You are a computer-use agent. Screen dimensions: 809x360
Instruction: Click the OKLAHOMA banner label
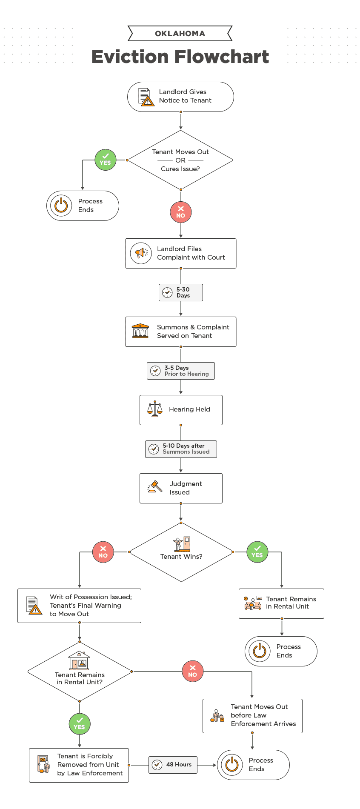coord(180,34)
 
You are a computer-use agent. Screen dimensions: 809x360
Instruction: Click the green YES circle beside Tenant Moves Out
coord(106,160)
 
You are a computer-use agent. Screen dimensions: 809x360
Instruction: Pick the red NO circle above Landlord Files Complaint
coord(181,212)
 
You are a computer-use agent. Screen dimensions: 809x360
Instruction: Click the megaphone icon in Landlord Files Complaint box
coord(141,253)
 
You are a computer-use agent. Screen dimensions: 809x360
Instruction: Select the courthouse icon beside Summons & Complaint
coord(140,331)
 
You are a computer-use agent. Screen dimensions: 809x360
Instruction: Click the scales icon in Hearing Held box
coord(155,409)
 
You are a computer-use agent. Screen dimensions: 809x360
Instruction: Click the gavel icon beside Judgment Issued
coord(155,487)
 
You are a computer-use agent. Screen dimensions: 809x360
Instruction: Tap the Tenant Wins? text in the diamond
coord(181,557)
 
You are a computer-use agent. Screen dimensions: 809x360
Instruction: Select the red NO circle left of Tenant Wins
coord(103,552)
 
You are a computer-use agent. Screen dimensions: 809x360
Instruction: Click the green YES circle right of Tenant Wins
coord(257,552)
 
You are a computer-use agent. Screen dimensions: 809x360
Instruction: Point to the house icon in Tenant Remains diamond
coord(80,660)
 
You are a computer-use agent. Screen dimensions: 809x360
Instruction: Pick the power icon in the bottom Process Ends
coord(232,765)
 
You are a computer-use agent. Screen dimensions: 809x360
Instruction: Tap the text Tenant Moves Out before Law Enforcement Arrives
coord(263,715)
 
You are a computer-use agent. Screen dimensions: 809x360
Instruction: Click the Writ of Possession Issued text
coord(91,597)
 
